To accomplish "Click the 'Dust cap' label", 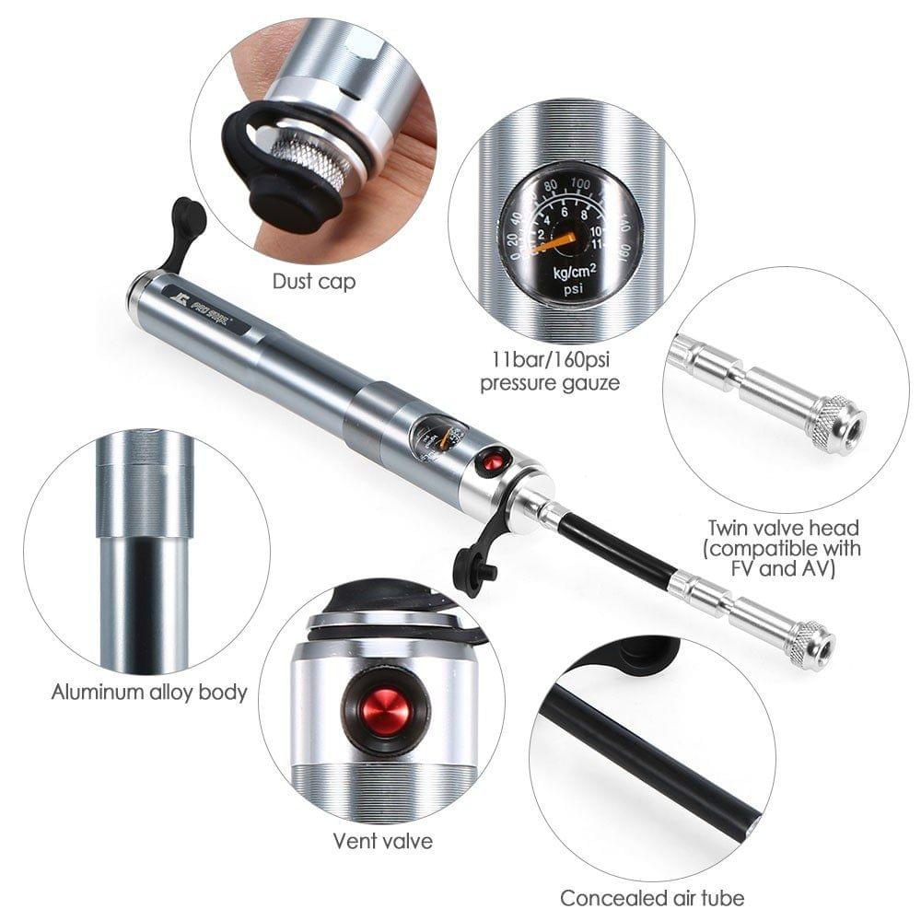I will (314, 281).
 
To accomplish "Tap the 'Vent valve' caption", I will (382, 840).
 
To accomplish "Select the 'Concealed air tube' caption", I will (652, 896).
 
